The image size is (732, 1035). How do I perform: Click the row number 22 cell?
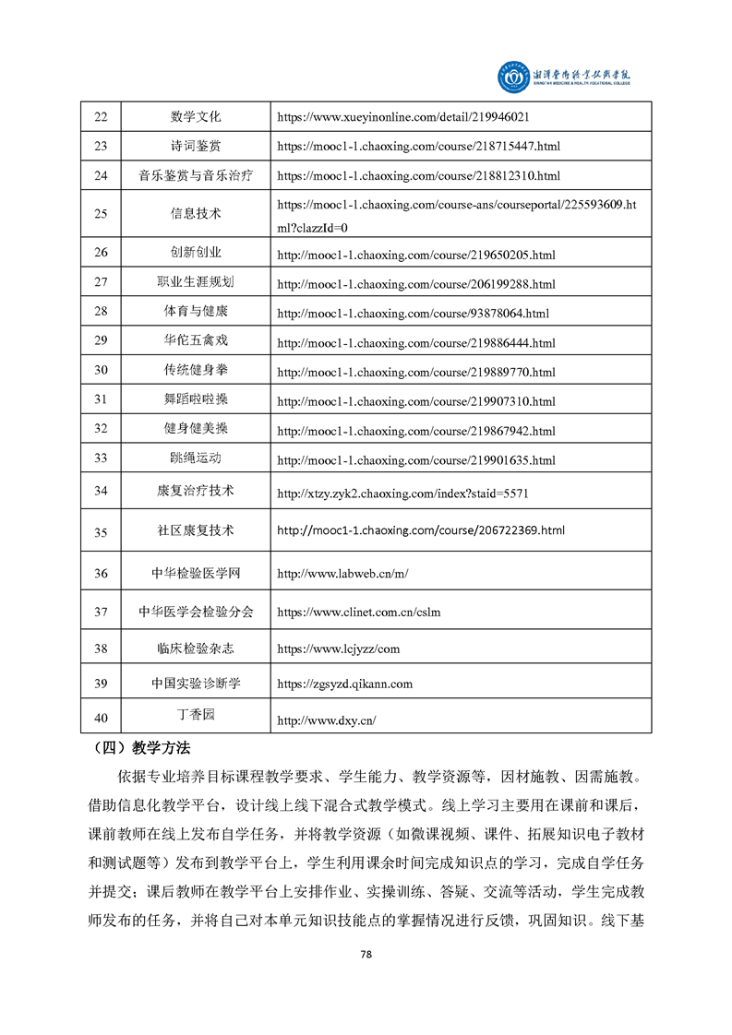[101, 117]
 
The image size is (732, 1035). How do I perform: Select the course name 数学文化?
[196, 117]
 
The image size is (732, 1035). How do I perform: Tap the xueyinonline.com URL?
[402, 118]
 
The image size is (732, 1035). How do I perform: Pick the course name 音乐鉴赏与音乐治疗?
[196, 174]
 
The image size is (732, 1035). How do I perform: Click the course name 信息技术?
[196, 213]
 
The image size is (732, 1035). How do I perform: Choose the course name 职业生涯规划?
[196, 282]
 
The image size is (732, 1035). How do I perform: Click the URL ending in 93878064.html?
[413, 313]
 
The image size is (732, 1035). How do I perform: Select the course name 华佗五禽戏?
[196, 340]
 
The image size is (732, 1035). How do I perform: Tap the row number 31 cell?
[101, 399]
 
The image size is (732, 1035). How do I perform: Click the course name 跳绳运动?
[196, 458]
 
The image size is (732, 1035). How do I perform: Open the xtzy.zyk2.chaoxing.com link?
[402, 494]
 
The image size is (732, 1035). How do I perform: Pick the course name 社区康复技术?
[196, 531]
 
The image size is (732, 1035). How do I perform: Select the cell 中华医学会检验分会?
[196, 612]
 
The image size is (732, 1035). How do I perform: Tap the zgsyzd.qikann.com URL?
[345, 684]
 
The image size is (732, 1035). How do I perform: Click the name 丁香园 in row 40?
[196, 715]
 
